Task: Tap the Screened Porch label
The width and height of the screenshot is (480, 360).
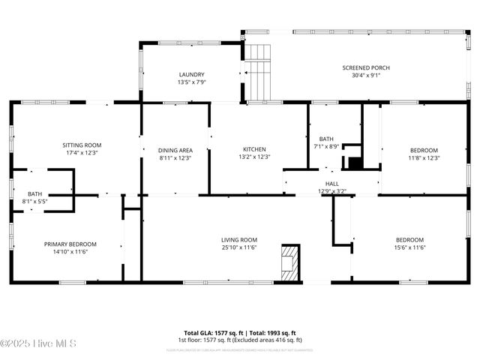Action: point(366,68)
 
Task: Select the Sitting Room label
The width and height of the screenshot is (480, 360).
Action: point(82,145)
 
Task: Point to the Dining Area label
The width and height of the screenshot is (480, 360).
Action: point(175,150)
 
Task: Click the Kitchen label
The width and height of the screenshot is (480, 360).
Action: point(254,149)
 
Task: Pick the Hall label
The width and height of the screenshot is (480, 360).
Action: point(331,184)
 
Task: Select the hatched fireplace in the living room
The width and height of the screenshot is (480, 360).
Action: point(289,262)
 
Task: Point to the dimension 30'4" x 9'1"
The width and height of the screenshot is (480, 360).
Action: point(366,75)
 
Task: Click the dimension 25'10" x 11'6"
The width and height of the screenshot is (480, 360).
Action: point(239,247)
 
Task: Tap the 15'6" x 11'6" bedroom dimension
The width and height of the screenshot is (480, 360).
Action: point(410,247)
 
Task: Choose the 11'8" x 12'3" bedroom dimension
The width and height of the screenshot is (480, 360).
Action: point(424,158)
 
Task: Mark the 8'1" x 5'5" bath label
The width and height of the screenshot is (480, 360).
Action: point(35,202)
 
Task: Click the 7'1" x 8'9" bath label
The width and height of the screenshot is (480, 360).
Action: point(326,146)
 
